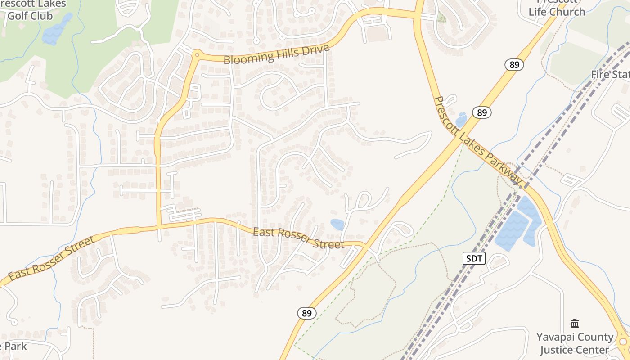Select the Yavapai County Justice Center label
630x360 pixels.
coord(575,343)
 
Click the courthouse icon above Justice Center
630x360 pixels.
coord(575,323)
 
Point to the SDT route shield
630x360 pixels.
coord(474,258)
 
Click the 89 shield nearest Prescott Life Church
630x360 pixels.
coord(515,65)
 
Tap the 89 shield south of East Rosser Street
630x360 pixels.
coord(306,313)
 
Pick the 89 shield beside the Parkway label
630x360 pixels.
coord(482,112)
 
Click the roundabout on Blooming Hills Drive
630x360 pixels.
coord(197,54)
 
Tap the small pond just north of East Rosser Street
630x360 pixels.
coord(337,224)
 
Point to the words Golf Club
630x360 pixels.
coord(30,16)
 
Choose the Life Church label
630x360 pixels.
coord(557,12)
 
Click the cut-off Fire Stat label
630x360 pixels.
coord(610,74)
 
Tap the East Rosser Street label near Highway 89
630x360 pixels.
coord(298,238)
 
